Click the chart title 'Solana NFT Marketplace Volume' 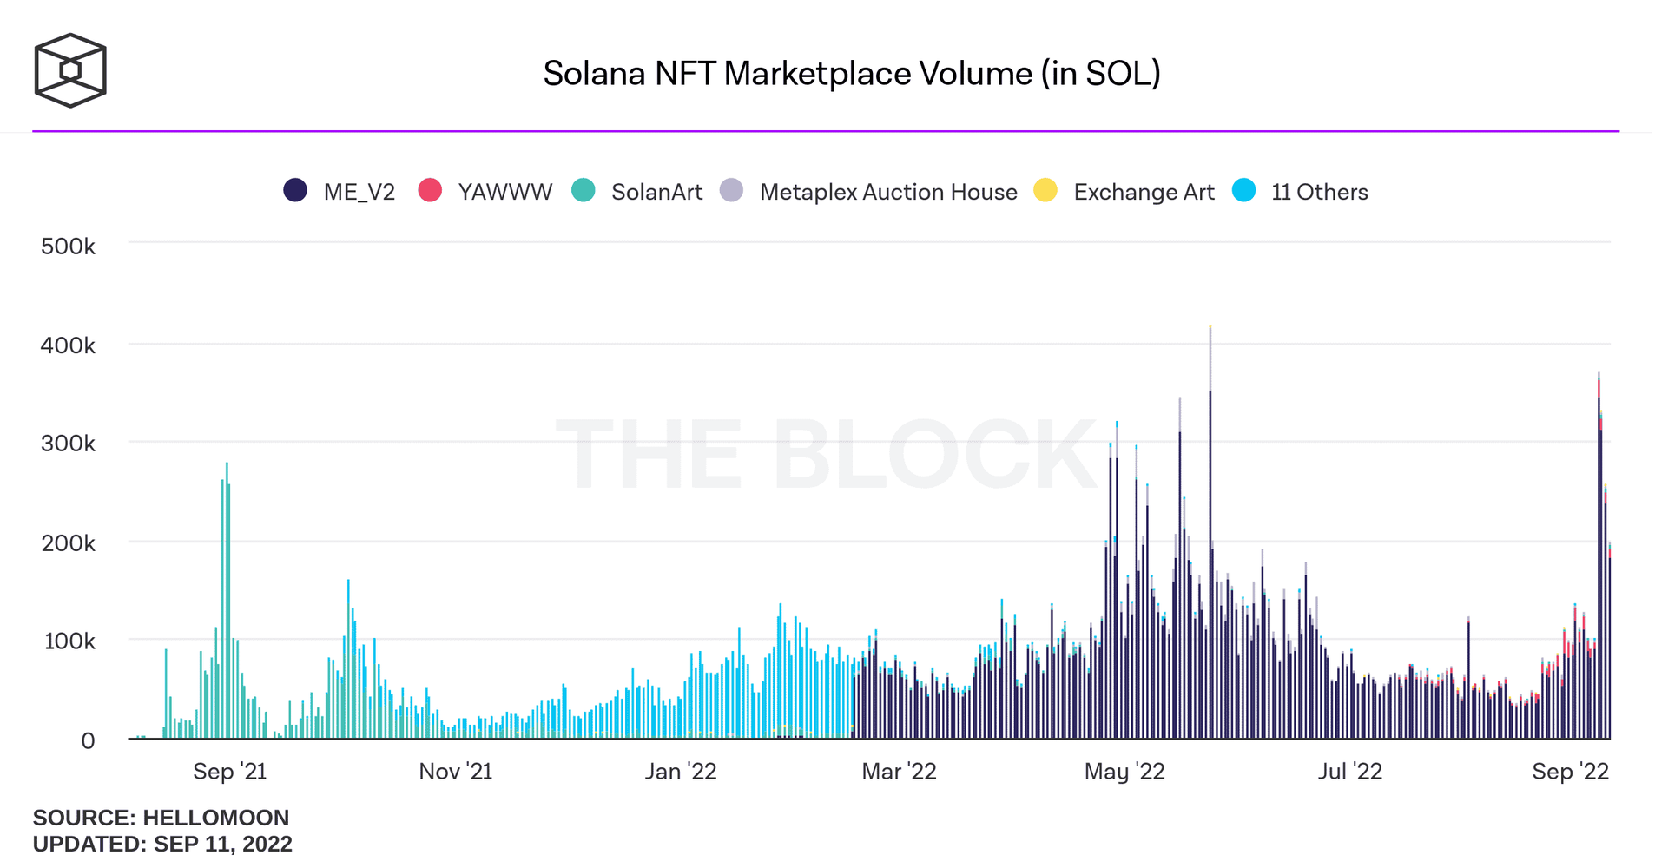851,74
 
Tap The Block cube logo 70,70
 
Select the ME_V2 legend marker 295,191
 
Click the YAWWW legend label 504,192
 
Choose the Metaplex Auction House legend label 888,192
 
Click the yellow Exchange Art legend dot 1045,191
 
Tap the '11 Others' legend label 1319,192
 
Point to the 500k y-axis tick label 68,247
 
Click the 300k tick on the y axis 68,444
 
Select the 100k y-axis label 68,641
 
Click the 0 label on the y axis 88,741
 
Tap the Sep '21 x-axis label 229,772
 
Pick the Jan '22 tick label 681,772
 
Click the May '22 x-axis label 1124,772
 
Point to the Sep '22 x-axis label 1570,772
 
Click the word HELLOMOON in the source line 216,818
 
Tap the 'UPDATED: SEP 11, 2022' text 162,844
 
